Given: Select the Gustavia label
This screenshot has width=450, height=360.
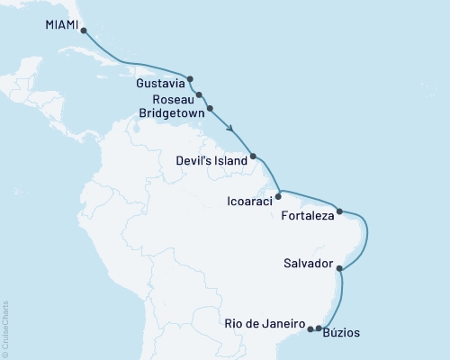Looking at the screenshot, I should [x=158, y=83].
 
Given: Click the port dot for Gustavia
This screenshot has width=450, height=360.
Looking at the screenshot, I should [x=191, y=78].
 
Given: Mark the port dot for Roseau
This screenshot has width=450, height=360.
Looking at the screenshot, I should [x=198, y=94].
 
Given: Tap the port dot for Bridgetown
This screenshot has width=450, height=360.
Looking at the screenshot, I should [x=211, y=109].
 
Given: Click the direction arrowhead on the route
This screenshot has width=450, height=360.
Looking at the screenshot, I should [x=232, y=129].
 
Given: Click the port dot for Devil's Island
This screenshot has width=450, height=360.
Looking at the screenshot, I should [x=254, y=157].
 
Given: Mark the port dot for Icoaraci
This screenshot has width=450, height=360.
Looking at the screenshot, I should [x=279, y=194].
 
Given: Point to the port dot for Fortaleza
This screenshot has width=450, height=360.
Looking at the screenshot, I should [x=339, y=212].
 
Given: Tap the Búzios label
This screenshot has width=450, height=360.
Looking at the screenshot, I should [x=345, y=333].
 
